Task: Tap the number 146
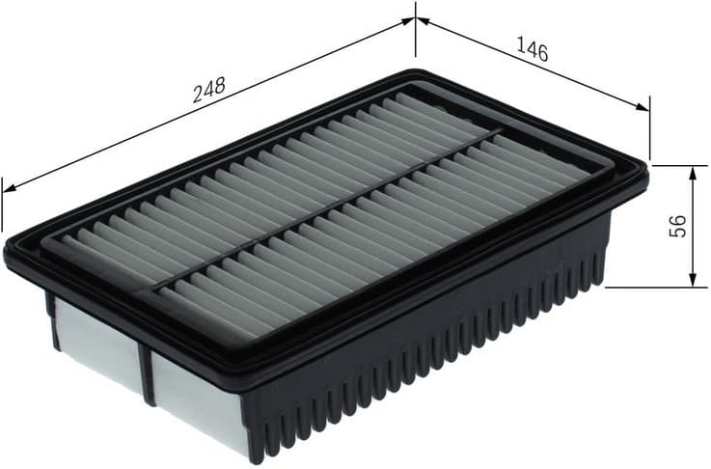pos(532,50)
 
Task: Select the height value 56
pos(678,226)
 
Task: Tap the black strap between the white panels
pos(146,372)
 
